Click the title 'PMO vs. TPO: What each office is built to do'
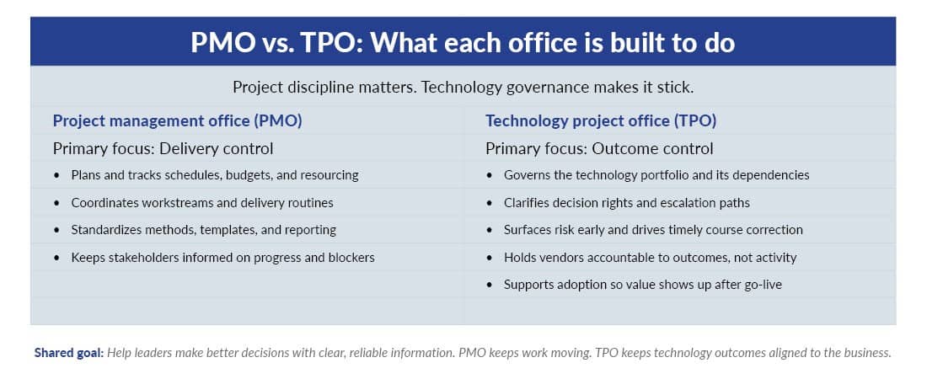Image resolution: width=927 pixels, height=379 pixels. tap(463, 42)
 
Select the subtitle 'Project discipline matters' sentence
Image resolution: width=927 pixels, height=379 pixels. tap(463, 88)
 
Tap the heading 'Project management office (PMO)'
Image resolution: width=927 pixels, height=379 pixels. tap(177, 120)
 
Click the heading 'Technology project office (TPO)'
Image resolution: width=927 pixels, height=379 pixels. tap(601, 120)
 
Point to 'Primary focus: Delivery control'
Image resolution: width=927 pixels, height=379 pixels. tap(163, 149)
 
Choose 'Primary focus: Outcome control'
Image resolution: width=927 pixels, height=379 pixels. tap(599, 149)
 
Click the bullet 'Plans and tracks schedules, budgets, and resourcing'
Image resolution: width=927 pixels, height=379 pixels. tap(215, 175)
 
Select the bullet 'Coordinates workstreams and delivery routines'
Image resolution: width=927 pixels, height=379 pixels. tap(202, 203)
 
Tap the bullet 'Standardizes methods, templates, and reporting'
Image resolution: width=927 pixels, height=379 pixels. tap(203, 230)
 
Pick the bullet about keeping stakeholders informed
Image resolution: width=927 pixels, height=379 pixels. tap(222, 257)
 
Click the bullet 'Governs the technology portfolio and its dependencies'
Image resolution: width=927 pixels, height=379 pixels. tap(656, 175)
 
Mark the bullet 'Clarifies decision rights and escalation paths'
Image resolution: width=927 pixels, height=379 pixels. tap(626, 203)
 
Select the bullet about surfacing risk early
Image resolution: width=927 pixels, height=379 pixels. tap(653, 230)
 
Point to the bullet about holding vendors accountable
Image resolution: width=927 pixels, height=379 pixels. tap(650, 257)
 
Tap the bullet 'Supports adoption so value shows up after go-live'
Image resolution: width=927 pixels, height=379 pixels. tap(642, 285)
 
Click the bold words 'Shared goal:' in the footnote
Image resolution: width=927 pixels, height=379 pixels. tap(69, 353)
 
